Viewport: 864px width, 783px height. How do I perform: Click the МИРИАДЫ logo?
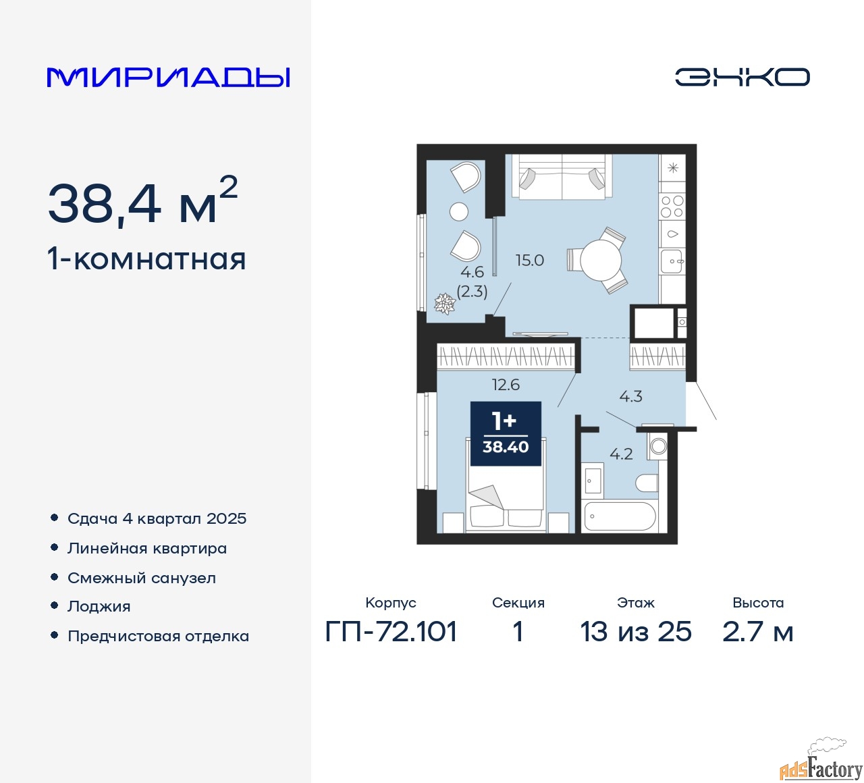pos(168,78)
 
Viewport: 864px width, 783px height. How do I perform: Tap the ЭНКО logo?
pos(742,77)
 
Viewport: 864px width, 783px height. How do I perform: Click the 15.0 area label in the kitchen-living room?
pos(530,261)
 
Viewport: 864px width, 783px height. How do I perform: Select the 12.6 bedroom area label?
pos(506,385)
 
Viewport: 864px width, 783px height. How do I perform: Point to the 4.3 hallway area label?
pos(630,396)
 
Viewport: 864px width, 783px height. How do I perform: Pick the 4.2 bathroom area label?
pos(621,454)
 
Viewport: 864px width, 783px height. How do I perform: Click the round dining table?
pos(600,260)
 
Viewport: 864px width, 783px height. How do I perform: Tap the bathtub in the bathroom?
pos(620,516)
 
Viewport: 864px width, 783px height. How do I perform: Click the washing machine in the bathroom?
pos(657,446)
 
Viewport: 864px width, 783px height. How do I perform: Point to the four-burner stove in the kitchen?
pos(672,207)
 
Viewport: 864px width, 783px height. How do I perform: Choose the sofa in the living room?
pos(562,177)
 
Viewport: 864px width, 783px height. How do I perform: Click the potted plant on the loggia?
pos(445,304)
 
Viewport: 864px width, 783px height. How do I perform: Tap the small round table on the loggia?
pos(459,211)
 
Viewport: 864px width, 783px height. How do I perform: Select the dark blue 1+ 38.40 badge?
pos(506,434)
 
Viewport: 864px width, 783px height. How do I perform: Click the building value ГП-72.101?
pos(391,632)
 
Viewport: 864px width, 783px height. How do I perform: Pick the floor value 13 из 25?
pos(636,632)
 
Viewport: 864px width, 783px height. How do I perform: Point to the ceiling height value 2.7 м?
pos(758,632)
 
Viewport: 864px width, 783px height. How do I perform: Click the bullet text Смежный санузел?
pos(142,578)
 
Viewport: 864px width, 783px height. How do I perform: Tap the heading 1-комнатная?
pos(147,260)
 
